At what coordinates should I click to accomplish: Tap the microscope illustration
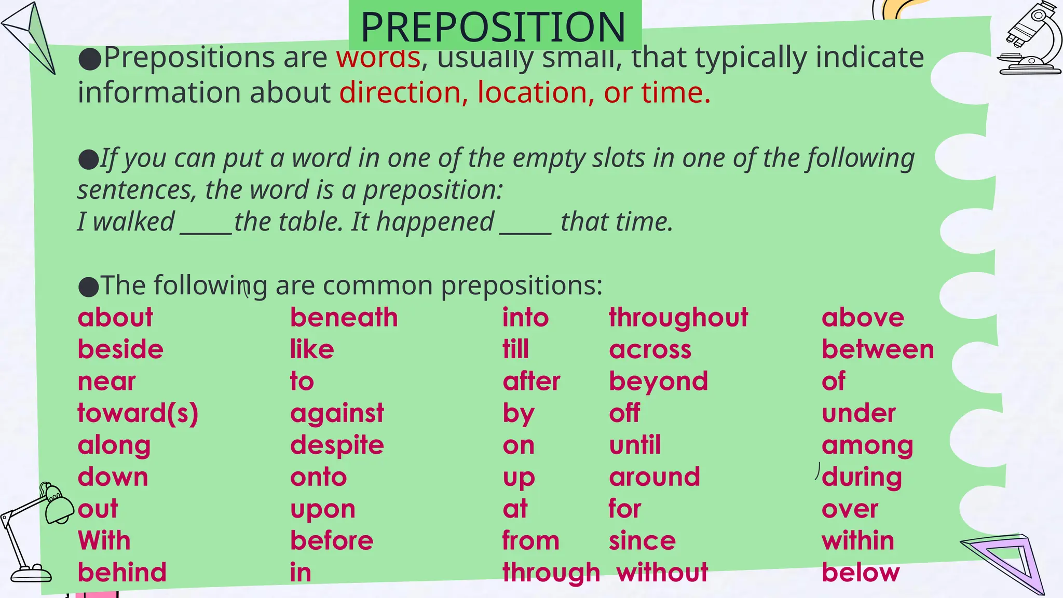coord(1030,39)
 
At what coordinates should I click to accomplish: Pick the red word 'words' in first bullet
coord(378,57)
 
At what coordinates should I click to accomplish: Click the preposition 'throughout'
coord(678,317)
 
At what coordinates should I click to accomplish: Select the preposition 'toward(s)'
coord(138,413)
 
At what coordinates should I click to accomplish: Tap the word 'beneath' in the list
coord(344,317)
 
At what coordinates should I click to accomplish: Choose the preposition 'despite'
coord(337,445)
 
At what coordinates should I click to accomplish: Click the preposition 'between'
coord(878,349)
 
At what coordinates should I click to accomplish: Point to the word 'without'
coord(662,573)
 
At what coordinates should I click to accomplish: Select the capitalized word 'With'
coord(104,540)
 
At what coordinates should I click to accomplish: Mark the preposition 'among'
coord(867,445)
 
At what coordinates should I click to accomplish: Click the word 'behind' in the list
coord(122,573)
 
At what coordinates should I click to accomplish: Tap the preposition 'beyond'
coord(658,382)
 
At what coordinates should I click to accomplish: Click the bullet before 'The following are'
coord(88,287)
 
